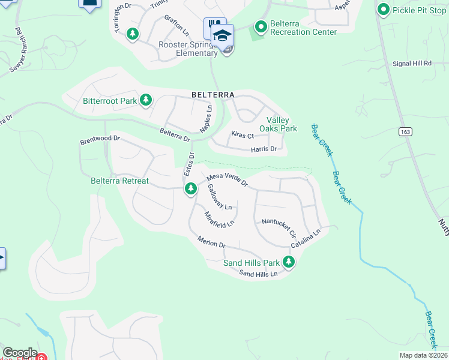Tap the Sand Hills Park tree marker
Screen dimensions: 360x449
[289, 262]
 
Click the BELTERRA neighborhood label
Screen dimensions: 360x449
[212, 95]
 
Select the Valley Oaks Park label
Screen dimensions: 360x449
[278, 124]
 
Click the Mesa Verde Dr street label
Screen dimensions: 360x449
[227, 179]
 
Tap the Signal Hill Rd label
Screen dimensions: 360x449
[411, 63]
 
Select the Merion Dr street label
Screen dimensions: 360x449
[211, 242]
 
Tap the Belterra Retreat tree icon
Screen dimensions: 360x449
[190, 189]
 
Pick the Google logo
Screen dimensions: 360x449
[19, 353]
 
